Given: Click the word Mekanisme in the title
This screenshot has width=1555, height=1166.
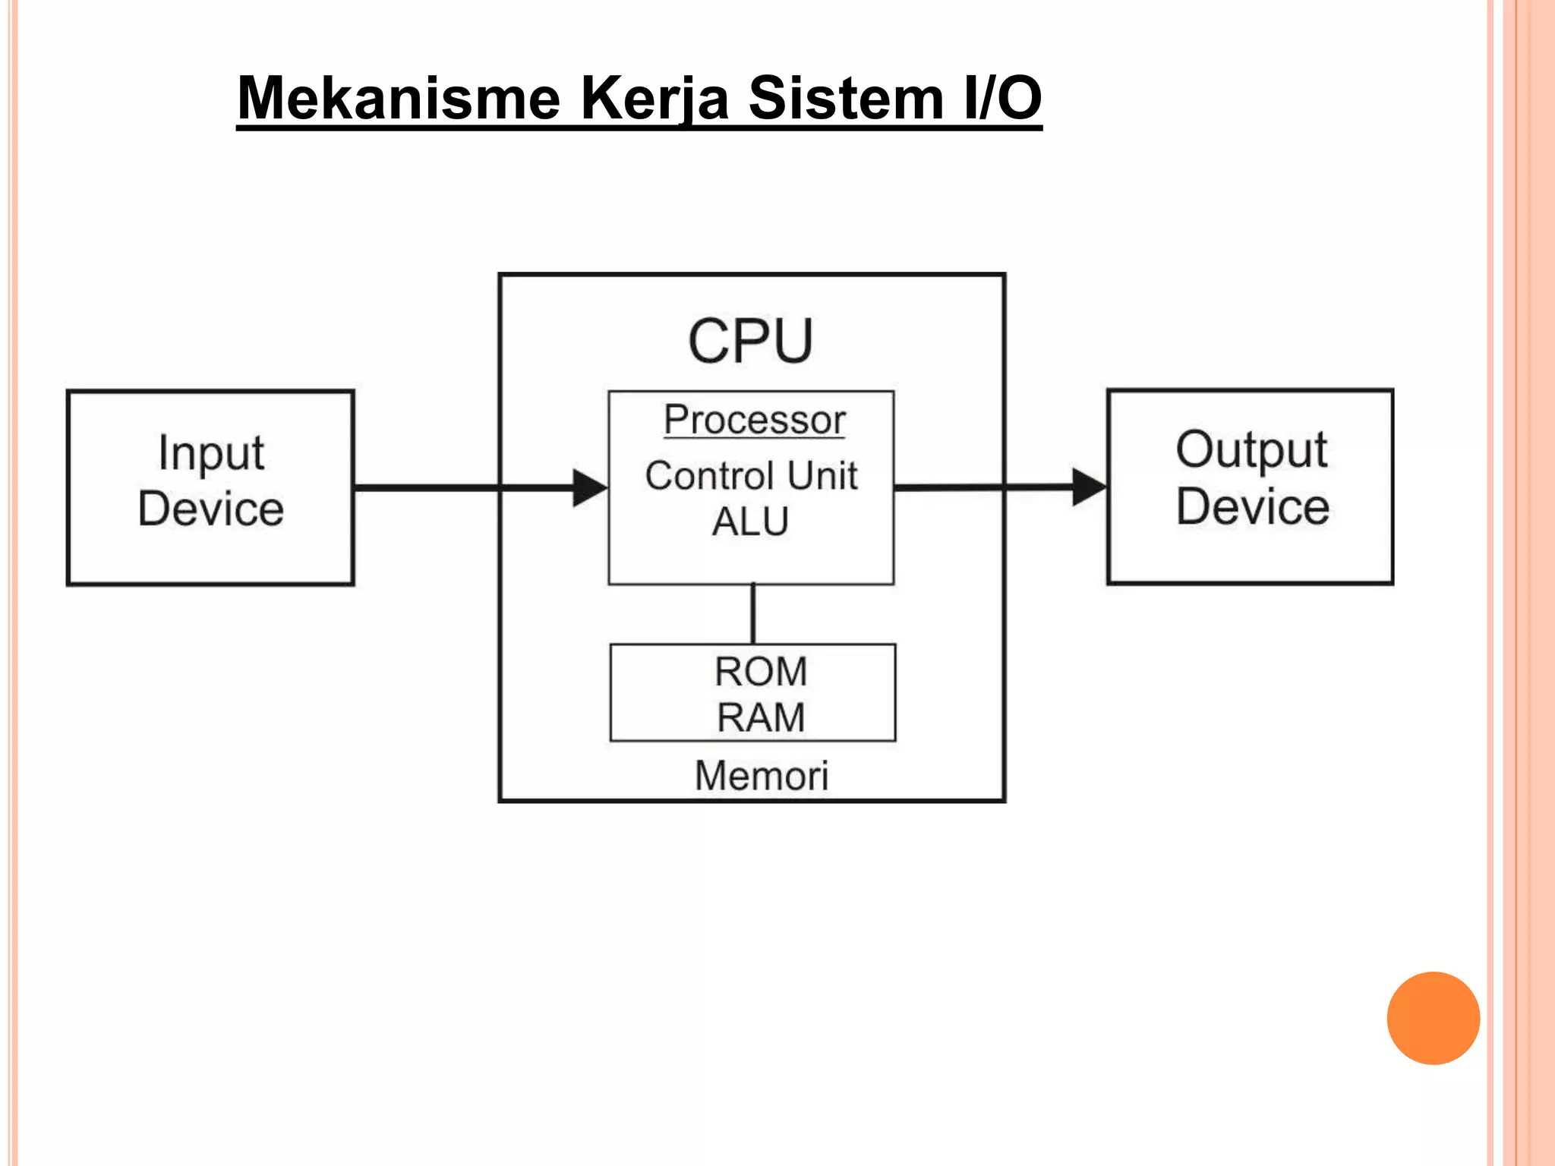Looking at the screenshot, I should [399, 99].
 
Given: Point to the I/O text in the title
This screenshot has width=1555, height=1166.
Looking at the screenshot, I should [1002, 99].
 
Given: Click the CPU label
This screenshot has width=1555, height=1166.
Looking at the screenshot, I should [750, 342].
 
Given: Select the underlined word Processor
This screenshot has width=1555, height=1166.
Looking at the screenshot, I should [754, 420].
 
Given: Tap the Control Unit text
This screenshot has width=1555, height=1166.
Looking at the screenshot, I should [751, 476].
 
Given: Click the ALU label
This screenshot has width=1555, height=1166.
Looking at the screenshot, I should [750, 522].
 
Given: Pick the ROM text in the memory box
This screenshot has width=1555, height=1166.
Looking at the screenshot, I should [760, 672].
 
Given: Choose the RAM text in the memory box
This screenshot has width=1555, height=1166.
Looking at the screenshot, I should [760, 717].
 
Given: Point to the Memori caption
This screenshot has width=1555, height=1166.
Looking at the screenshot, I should [761, 776].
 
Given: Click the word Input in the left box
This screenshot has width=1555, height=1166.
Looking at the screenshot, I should [211, 453].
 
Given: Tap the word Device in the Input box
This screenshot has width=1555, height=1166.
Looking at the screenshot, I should [211, 509].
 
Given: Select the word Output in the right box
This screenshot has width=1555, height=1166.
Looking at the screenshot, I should [1251, 449].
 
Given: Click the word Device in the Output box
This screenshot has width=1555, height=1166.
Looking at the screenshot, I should [1252, 506].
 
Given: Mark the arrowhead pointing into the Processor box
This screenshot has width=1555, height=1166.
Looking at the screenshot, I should [589, 487].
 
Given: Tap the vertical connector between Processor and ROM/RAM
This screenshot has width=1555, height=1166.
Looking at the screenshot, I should [752, 613].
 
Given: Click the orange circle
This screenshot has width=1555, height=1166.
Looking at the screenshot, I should [1433, 1018].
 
